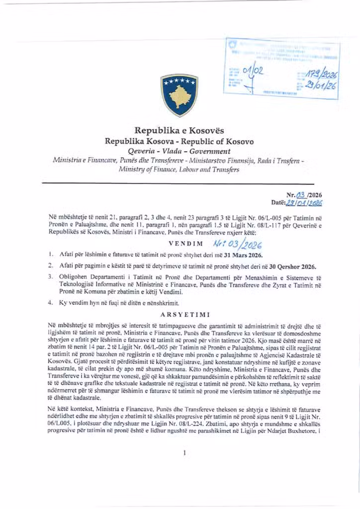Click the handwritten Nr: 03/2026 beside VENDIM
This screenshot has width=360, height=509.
237,244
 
